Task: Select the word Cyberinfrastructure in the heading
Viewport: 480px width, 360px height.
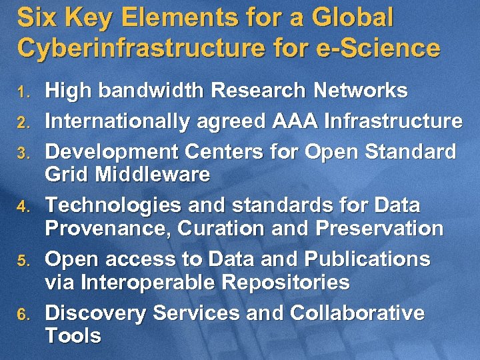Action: click(134, 48)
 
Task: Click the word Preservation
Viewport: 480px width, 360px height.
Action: click(379, 229)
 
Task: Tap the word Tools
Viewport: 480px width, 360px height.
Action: click(73, 336)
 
